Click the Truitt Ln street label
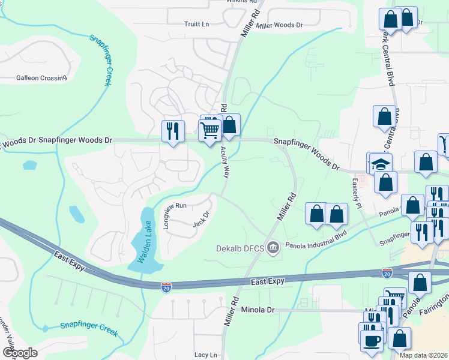point(196,24)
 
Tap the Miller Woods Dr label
point(279,26)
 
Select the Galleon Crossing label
point(41,78)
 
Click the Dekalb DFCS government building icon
point(274,247)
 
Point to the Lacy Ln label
point(205,355)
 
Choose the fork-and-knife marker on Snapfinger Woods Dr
point(173,131)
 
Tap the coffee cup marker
point(370,339)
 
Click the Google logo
point(19,353)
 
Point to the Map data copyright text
point(423,355)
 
